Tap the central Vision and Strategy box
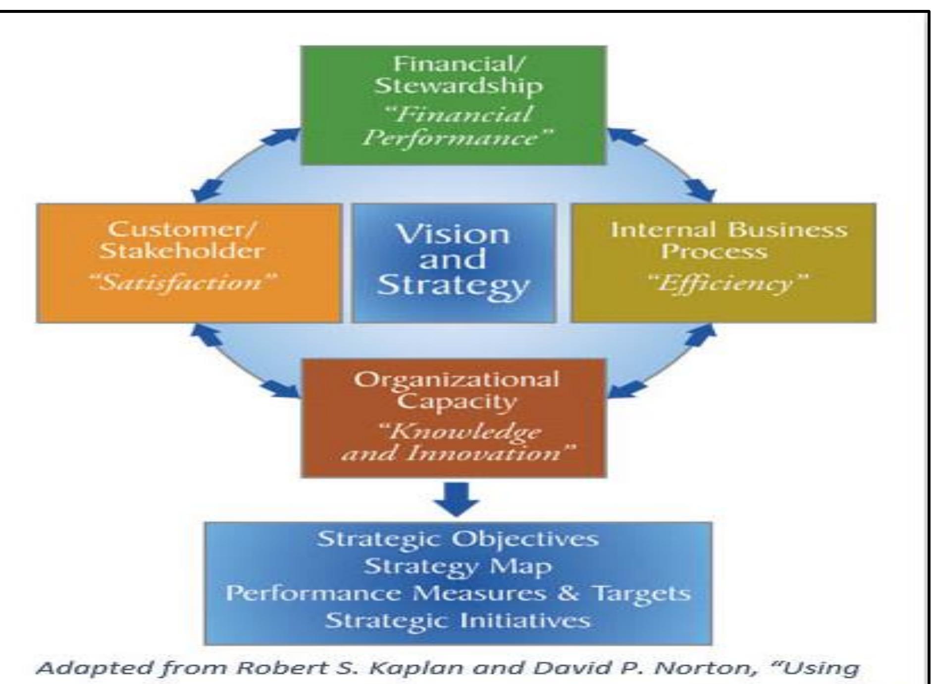coord(454,263)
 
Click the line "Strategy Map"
coord(458,566)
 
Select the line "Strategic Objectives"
coord(458,538)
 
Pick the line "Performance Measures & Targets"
coord(458,593)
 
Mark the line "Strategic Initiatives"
coord(458,620)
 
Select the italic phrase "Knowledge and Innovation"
coord(459,442)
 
